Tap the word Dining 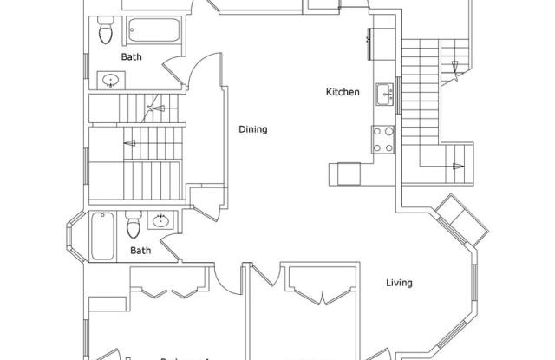pyautogui.click(x=253, y=130)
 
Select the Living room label pyautogui.click(x=399, y=283)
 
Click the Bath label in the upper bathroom pyautogui.click(x=132, y=57)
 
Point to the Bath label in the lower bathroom pyautogui.click(x=140, y=251)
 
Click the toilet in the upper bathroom pyautogui.click(x=106, y=33)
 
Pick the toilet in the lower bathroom pyautogui.click(x=133, y=226)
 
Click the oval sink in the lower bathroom pyautogui.click(x=160, y=221)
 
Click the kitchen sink pyautogui.click(x=383, y=92)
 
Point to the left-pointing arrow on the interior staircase pyautogui.click(x=129, y=141)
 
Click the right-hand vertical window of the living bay pyautogui.click(x=474, y=287)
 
